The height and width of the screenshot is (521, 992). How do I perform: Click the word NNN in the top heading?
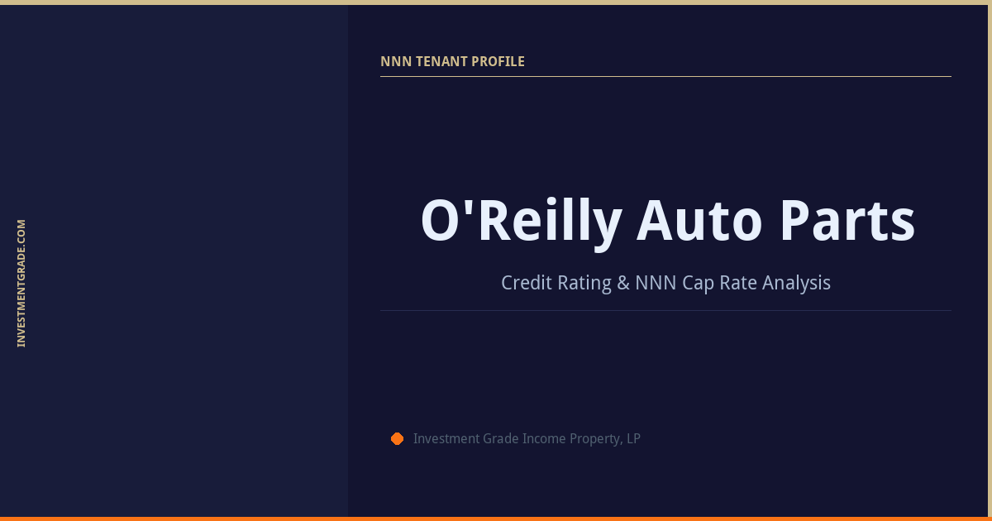pyautogui.click(x=393, y=61)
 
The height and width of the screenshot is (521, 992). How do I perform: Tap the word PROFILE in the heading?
pyautogui.click(x=498, y=61)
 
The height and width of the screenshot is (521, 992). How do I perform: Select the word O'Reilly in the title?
pyautogui.click(x=521, y=222)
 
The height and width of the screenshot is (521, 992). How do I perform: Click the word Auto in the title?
pyautogui.click(x=699, y=222)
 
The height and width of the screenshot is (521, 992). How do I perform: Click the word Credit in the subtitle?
pyautogui.click(x=526, y=283)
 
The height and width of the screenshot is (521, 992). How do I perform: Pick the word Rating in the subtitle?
pyautogui.click(x=584, y=283)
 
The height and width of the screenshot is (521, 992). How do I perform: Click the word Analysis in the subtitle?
pyautogui.click(x=796, y=283)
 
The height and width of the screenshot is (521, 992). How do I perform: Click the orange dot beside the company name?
pyautogui.click(x=397, y=438)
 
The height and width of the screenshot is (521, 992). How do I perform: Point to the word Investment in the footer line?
pyautogui.click(x=446, y=438)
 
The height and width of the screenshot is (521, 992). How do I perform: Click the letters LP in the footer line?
pyautogui.click(x=633, y=438)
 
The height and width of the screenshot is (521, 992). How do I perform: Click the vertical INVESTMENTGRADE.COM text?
pyautogui.click(x=21, y=283)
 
